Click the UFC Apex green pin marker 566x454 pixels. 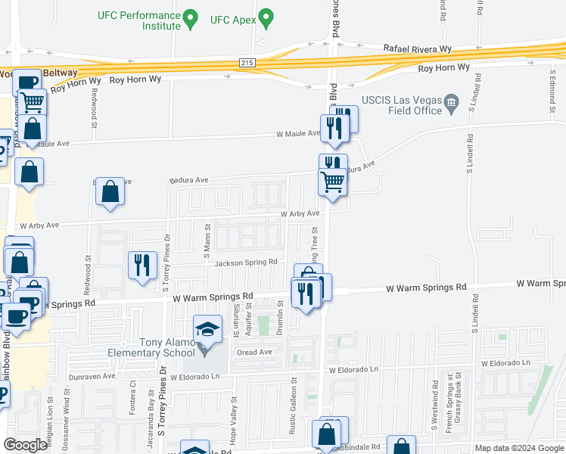265,17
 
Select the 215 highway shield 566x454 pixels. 247,62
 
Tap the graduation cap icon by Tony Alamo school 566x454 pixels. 207,329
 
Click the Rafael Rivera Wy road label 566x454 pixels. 417,48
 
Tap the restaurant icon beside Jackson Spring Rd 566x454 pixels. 142,266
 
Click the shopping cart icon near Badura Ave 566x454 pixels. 333,182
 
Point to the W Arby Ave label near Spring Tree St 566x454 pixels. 300,213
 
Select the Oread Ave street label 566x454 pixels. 255,352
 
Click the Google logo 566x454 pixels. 25,444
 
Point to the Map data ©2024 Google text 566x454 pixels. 518,448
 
